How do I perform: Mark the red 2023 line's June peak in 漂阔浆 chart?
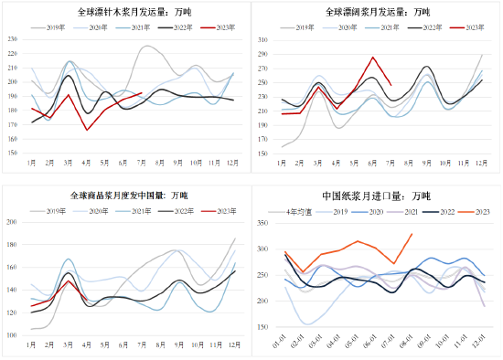click(x=372, y=58)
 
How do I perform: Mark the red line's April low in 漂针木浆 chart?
click(x=88, y=130)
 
